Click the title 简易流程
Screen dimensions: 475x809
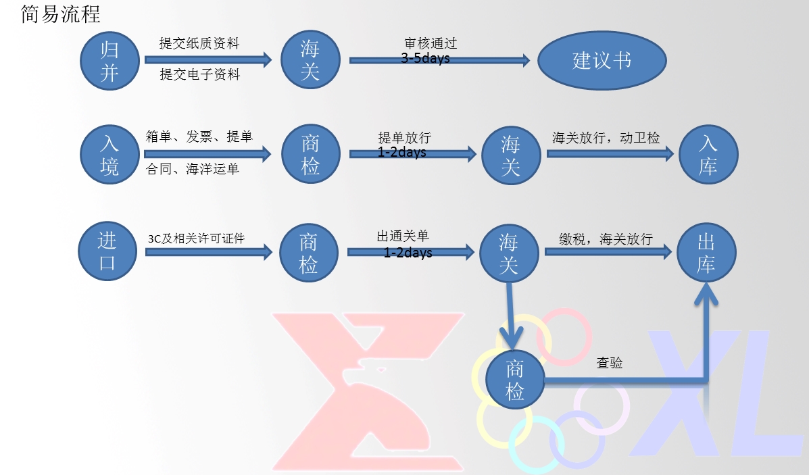tap(61, 14)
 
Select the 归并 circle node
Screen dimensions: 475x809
tap(109, 60)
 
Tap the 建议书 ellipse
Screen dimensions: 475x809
tap(602, 61)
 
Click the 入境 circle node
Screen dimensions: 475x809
tap(109, 155)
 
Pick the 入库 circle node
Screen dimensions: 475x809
tap(708, 155)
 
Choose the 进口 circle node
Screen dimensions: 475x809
tap(107, 252)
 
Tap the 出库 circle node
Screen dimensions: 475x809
tap(706, 253)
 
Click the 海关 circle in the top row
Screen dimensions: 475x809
tap(310, 60)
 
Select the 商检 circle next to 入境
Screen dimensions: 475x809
tap(310, 155)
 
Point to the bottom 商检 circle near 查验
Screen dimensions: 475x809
tap(515, 379)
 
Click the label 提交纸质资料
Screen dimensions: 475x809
tap(199, 44)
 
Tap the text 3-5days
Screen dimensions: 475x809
tap(425, 59)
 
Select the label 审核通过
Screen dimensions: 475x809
tap(431, 44)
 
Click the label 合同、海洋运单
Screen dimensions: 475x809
tap(193, 170)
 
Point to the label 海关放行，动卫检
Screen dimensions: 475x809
tap(606, 139)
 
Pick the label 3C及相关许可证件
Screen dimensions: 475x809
tap(196, 239)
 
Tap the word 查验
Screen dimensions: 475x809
tap(609, 363)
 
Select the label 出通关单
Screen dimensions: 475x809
tap(403, 236)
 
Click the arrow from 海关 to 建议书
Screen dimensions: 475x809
tap(439, 61)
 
